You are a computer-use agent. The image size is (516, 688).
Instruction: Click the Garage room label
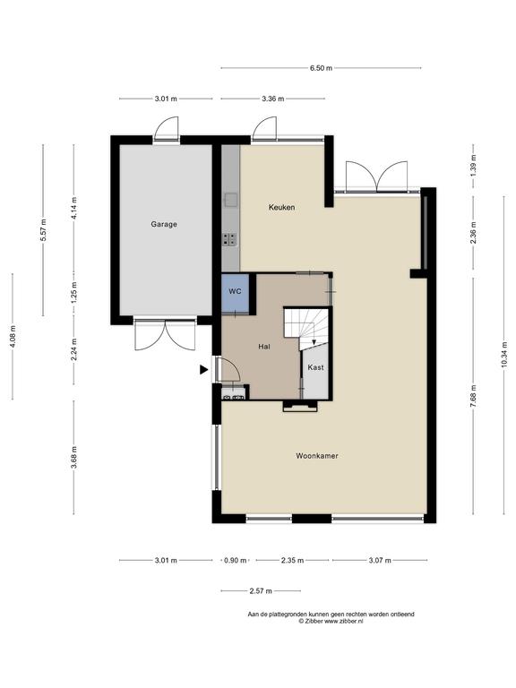164,224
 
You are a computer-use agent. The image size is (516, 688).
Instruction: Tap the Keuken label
281,207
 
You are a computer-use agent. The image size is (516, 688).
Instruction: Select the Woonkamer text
317,456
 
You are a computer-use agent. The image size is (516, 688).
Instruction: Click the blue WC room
236,293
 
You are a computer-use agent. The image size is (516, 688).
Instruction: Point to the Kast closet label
315,367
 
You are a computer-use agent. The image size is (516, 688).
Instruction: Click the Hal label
263,347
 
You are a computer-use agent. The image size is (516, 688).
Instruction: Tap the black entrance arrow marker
203,370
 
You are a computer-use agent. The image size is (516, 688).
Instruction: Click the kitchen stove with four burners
229,239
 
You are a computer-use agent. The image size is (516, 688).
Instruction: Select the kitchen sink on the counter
230,200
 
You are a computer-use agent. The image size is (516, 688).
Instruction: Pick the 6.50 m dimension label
322,68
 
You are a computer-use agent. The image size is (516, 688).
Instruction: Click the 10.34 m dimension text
503,355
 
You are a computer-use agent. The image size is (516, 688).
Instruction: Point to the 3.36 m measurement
273,99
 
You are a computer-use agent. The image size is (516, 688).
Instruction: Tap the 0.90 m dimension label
236,560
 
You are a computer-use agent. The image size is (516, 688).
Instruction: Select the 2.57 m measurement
261,591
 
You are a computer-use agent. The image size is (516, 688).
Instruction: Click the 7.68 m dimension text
473,396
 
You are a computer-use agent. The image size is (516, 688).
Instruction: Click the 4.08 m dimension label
13,337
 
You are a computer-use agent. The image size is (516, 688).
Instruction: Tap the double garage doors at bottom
165,336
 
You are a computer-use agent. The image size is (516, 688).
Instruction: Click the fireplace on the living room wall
300,407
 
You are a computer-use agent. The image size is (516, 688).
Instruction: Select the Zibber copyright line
331,621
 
